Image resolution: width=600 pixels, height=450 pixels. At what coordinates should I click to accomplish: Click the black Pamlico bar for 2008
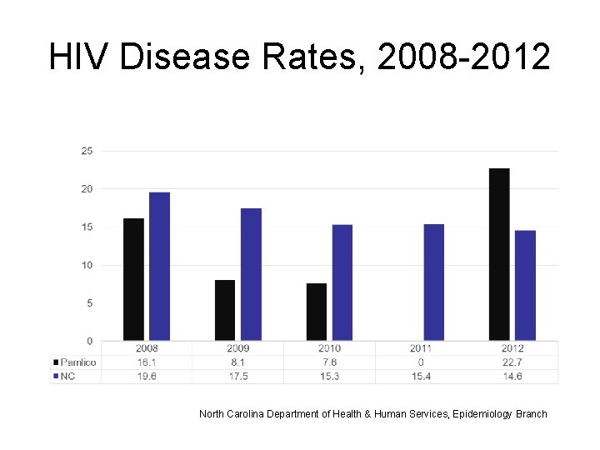pos(133,279)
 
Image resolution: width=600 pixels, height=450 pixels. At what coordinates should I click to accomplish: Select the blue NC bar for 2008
pos(159,267)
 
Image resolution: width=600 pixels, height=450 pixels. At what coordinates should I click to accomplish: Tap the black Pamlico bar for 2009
pos(225,310)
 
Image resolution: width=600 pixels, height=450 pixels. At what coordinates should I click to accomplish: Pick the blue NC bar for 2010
pos(342,282)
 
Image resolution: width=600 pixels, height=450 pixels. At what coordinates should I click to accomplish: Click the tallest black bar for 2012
pos(499,254)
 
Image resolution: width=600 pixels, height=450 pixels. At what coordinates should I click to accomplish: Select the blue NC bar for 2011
pos(434,282)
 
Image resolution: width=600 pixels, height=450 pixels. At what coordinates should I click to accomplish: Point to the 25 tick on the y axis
pos(87,151)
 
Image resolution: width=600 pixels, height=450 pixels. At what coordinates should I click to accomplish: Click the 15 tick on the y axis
pos(87,227)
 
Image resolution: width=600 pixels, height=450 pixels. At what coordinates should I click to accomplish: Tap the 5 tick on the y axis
pos(89,303)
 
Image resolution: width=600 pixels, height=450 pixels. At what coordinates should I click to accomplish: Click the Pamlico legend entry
pos(76,362)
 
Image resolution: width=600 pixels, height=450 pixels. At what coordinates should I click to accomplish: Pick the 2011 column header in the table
pos(421,348)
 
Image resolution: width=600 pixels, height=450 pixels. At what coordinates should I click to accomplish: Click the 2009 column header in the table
pos(237,348)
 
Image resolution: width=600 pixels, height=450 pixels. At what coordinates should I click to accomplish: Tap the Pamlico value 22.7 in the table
pos(512,362)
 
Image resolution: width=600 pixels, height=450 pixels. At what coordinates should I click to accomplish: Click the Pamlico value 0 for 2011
pos(421,362)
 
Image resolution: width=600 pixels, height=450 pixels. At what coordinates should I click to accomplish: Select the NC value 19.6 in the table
pos(146,377)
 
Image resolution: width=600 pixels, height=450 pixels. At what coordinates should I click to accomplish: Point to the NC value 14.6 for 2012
pos(512,377)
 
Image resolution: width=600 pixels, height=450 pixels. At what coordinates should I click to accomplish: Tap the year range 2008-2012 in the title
pos(463,57)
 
